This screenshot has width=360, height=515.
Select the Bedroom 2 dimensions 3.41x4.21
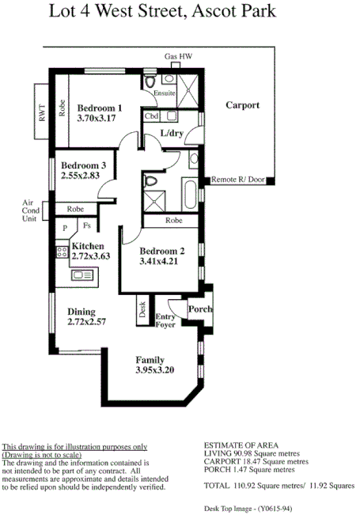(x=161, y=261)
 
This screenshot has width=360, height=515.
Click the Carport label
(x=242, y=105)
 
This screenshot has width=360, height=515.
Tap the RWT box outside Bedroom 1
(x=41, y=115)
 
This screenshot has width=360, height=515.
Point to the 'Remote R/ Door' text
(x=237, y=180)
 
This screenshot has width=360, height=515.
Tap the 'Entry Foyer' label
(x=165, y=320)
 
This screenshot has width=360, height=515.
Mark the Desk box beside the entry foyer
(x=142, y=309)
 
